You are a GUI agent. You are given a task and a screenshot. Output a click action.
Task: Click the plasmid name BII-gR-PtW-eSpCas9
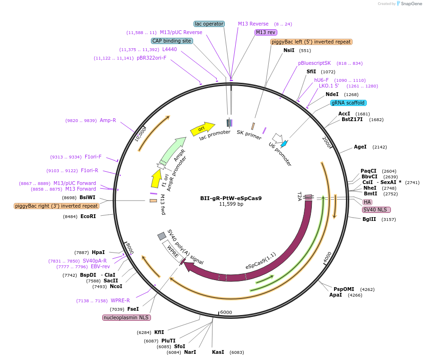230,198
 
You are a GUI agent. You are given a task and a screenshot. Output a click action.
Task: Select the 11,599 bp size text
231,204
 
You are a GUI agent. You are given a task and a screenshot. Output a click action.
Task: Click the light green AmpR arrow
172,150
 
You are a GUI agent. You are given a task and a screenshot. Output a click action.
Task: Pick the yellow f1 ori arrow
156,179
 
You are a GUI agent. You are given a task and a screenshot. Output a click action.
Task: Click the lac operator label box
209,24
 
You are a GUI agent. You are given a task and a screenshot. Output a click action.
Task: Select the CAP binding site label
172,41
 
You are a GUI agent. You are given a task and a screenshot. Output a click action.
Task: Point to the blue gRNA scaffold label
348,103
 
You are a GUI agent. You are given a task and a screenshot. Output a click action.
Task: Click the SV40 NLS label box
377,210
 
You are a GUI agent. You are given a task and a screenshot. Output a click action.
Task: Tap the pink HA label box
367,202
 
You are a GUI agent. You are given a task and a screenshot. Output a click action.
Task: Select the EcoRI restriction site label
88,217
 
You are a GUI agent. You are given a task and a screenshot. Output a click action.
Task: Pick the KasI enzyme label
218,352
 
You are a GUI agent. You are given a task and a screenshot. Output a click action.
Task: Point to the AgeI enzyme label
360,147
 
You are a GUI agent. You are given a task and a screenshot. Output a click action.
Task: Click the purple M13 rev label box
265,32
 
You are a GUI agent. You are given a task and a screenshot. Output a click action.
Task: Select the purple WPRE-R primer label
120,300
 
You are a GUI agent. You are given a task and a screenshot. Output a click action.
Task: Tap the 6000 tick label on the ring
226,312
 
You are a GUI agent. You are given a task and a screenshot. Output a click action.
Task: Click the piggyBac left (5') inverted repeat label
311,42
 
